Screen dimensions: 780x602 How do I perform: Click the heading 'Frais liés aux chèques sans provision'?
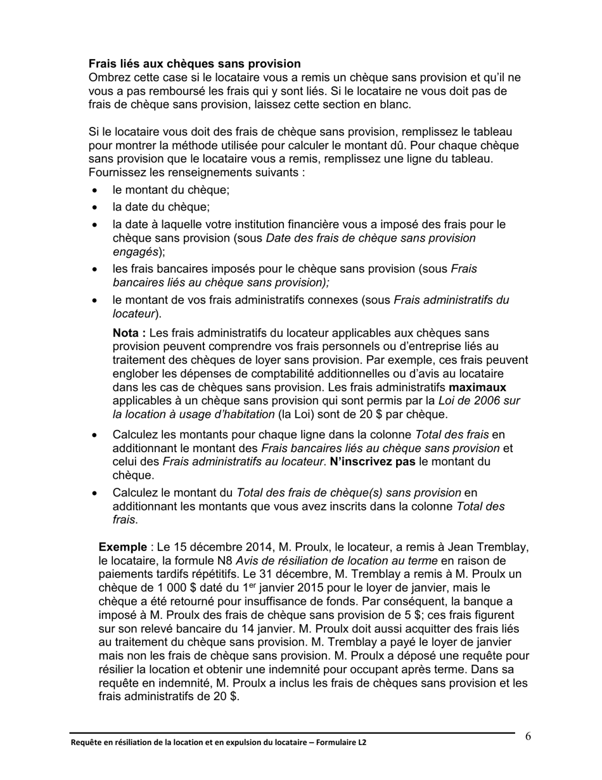(x=195, y=63)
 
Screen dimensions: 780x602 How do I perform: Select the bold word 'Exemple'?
(x=122, y=547)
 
